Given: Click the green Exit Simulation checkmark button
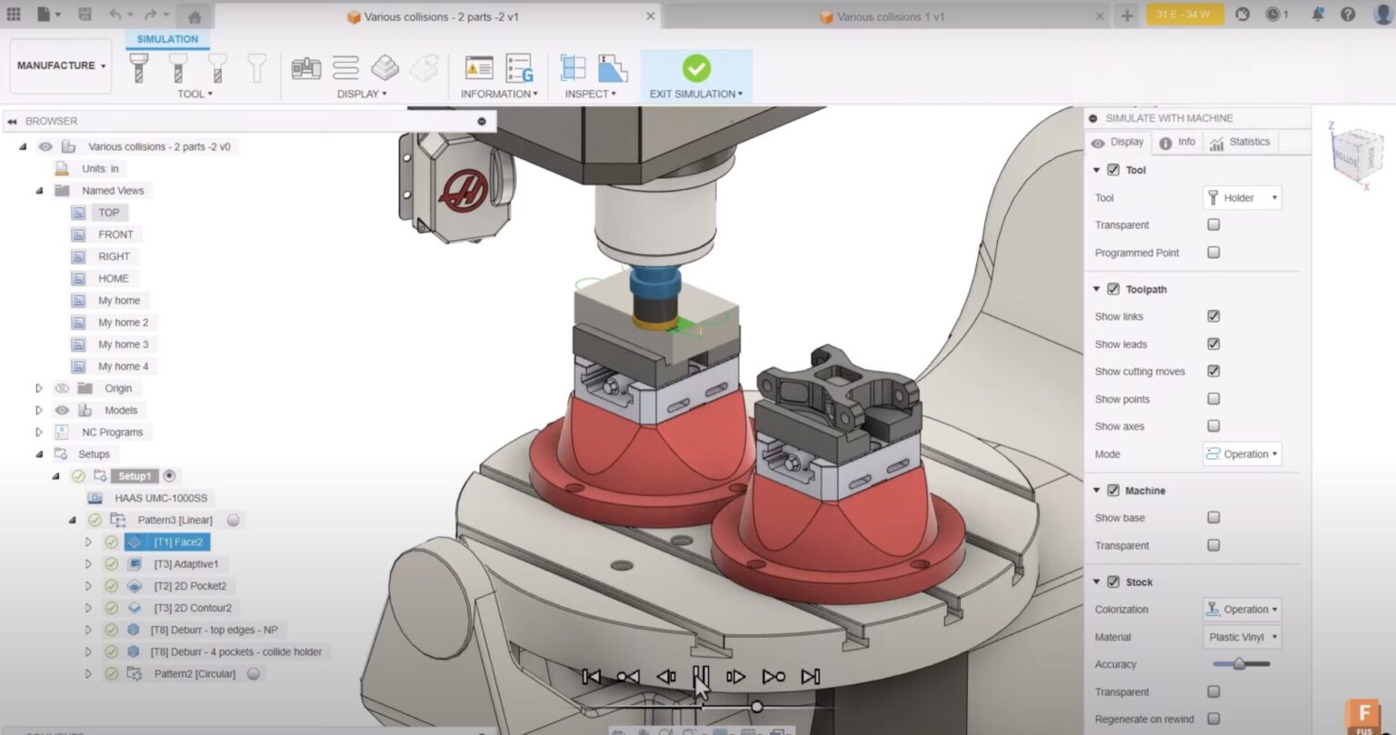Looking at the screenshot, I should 696,69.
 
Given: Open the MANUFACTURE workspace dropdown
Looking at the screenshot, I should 61,65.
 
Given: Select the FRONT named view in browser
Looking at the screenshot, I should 115,234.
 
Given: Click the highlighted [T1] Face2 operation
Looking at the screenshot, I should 177,542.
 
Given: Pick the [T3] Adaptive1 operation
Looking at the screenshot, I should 185,564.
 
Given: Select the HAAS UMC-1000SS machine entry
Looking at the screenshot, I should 160,498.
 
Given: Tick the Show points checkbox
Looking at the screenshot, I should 1213,399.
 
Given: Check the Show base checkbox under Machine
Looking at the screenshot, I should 1213,517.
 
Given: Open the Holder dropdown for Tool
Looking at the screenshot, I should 1241,198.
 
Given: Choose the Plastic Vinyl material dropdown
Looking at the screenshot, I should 1241,637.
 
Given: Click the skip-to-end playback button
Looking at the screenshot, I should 810,677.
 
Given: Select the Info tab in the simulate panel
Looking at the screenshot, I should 1178,143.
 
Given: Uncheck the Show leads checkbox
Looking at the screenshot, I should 1213,343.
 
